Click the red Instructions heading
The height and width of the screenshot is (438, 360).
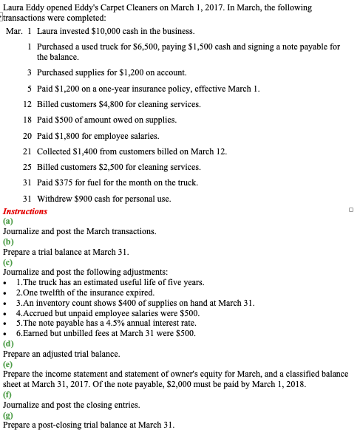pos(25,211)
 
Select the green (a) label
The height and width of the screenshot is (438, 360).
pos(8,222)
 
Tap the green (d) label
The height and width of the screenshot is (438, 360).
pos(8,344)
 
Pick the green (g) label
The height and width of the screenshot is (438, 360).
pos(8,416)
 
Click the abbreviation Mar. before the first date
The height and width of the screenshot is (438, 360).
pos(14,32)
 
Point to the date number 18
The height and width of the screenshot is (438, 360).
pos(27,121)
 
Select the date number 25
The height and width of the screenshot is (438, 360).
pos(27,167)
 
